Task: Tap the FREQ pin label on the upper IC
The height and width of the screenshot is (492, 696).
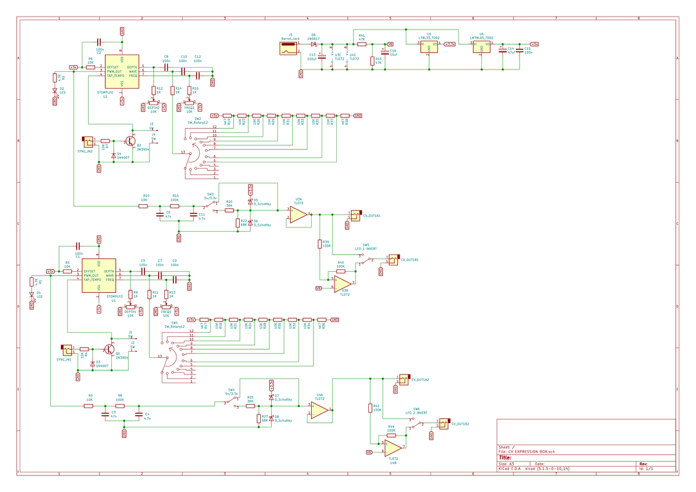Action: tap(133, 76)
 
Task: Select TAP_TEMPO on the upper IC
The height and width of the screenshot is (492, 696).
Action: tap(116, 76)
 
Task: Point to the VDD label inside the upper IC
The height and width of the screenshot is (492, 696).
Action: tap(122, 59)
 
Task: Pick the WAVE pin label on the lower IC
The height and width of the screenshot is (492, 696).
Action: tap(109, 276)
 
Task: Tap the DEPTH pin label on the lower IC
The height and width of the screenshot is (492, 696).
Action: tap(109, 271)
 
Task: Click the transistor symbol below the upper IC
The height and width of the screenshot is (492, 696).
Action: tap(132, 141)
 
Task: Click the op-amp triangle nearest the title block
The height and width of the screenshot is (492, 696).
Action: tap(393, 448)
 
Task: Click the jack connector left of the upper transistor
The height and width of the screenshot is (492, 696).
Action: tap(87, 143)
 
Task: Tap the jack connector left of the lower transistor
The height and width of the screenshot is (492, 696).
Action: tap(67, 351)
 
